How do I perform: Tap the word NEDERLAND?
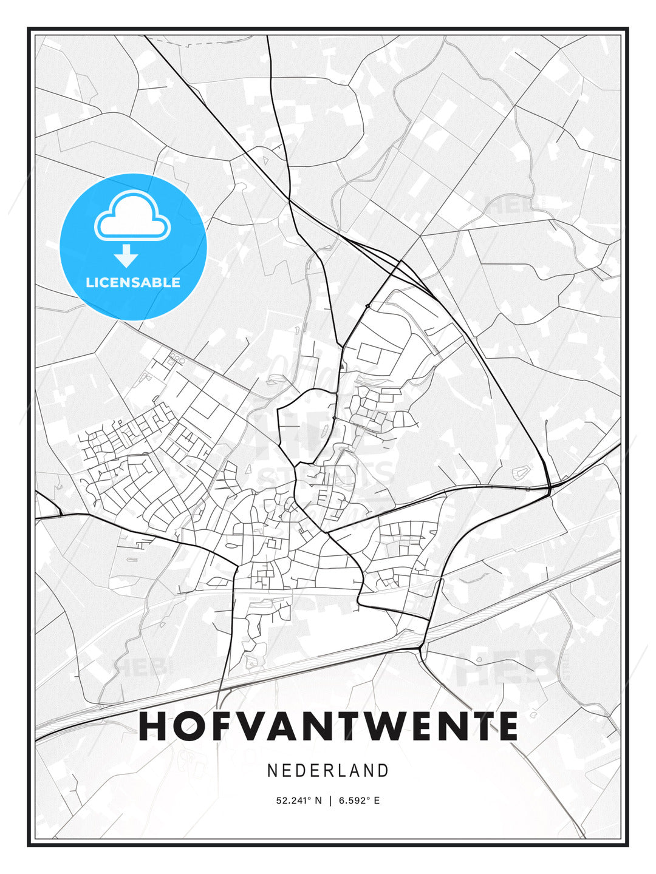click(328, 770)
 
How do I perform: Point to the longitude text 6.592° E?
click(359, 801)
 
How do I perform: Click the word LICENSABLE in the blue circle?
click(133, 282)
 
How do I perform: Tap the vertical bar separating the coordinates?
click(330, 801)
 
